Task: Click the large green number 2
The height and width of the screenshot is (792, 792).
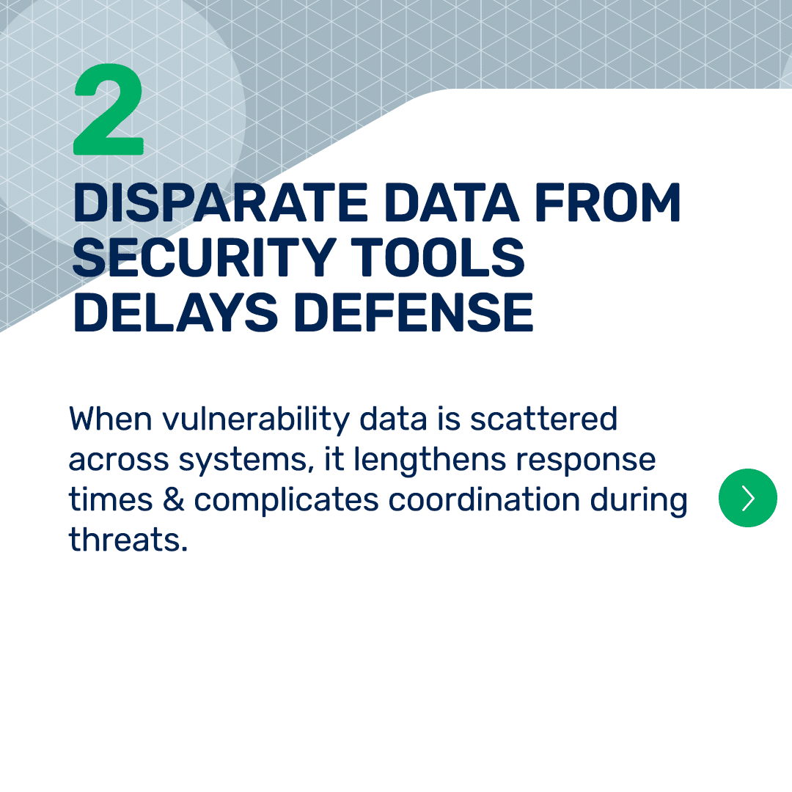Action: tap(109, 109)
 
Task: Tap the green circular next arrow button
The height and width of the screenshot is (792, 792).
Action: tap(747, 498)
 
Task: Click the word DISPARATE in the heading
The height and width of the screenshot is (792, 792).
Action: tap(221, 202)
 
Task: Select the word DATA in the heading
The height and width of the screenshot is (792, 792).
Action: tap(452, 202)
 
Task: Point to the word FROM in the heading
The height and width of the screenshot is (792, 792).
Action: tap(608, 202)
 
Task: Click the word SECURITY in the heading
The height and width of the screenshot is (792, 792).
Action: tap(204, 257)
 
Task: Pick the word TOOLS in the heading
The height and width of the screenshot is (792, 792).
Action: tap(437, 257)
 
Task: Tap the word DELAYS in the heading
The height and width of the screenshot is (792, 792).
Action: tap(175, 312)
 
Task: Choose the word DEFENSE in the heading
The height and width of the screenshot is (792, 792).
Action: tap(417, 312)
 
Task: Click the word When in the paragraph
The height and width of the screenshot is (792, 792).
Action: tap(111, 419)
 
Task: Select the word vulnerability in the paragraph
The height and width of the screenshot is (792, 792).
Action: tap(256, 420)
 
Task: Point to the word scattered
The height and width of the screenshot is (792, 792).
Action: tap(543, 419)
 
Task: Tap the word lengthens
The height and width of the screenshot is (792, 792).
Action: tap(429, 461)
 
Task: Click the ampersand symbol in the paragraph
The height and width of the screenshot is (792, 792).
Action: tap(173, 499)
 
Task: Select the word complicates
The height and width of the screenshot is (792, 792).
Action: tap(287, 501)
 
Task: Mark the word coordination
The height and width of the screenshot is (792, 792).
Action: tap(485, 499)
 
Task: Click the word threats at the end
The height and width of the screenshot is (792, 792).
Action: tap(128, 540)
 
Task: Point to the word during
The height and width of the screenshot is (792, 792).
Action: tap(639, 501)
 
